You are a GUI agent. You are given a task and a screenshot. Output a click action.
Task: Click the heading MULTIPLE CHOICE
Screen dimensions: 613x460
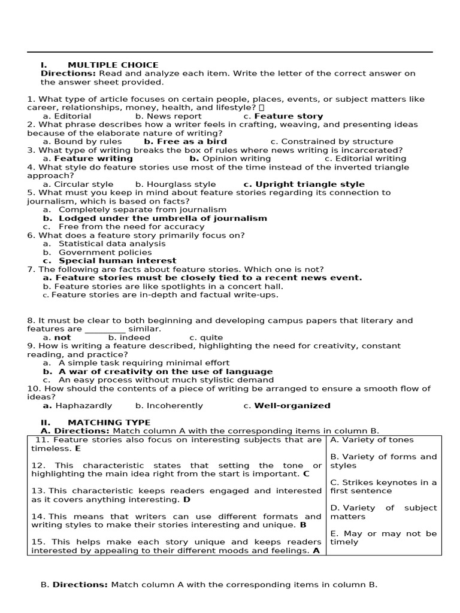[x=113, y=65]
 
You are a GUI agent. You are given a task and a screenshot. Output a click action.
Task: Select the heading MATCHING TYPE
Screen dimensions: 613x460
[x=109, y=423]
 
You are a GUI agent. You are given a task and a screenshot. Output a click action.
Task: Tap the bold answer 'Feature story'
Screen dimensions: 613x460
[x=289, y=116]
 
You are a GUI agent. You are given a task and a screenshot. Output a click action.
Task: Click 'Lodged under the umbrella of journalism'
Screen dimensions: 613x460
[x=162, y=219]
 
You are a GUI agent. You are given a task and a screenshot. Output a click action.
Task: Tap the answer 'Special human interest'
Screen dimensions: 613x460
[x=117, y=261]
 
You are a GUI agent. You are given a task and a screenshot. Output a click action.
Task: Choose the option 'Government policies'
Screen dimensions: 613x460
[x=105, y=253]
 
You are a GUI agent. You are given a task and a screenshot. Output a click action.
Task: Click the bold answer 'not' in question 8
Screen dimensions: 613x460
[x=62, y=338]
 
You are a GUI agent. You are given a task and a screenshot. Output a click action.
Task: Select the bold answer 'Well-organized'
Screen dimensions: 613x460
[x=292, y=406]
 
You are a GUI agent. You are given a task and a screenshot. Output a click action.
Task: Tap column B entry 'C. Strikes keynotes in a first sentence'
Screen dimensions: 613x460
[x=383, y=487]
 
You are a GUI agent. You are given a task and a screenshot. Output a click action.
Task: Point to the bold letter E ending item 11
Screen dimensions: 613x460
[x=78, y=448]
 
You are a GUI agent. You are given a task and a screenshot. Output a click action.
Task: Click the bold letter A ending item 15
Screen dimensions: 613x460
[x=316, y=551]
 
